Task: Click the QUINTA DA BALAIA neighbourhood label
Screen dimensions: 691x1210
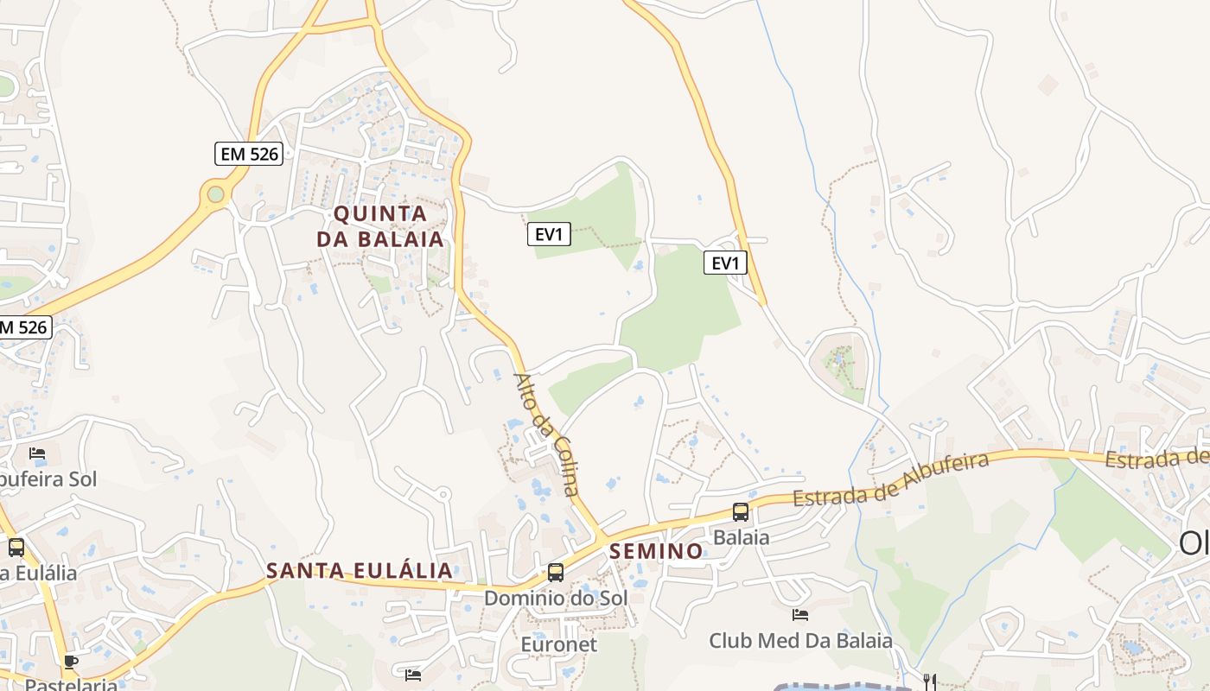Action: click(x=380, y=226)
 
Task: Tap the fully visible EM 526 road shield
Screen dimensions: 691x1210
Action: click(x=249, y=154)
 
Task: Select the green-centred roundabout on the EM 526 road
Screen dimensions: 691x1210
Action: click(x=215, y=194)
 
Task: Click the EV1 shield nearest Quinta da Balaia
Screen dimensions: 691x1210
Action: click(x=549, y=234)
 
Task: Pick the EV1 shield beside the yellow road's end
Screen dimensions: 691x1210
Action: click(x=725, y=263)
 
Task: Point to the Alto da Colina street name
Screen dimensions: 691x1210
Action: click(x=547, y=434)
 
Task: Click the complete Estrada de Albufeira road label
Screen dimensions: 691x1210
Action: click(x=891, y=479)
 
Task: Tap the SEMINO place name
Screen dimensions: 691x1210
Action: click(x=657, y=551)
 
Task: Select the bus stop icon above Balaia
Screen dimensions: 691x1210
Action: click(x=741, y=511)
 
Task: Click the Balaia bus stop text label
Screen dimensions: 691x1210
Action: click(x=741, y=537)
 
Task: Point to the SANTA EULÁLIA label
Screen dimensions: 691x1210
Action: click(x=359, y=570)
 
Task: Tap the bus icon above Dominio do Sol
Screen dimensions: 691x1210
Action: click(x=556, y=572)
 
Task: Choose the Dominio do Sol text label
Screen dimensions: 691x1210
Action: click(x=556, y=598)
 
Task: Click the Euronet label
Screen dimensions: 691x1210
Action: click(x=558, y=644)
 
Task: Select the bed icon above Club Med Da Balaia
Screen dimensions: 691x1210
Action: click(x=800, y=615)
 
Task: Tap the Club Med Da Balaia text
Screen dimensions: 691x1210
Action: click(x=800, y=641)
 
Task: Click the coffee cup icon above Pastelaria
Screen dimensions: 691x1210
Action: click(x=71, y=662)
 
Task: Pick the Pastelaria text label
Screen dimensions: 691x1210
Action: click(x=71, y=684)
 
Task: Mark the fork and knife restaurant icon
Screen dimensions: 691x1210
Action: click(x=930, y=681)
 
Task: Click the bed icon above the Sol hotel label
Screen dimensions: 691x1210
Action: click(x=37, y=453)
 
